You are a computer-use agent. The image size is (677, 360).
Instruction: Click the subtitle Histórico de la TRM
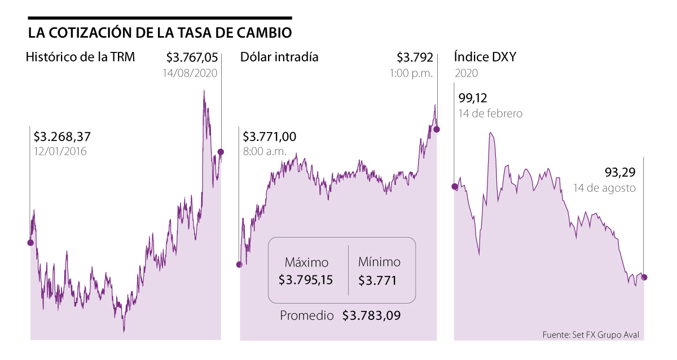pos(80,57)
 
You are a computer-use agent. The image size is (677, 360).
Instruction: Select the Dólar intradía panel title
pos(279,57)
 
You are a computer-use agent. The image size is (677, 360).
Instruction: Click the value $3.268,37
pos(62,137)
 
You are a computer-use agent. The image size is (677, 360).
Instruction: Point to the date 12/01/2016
pos(60,152)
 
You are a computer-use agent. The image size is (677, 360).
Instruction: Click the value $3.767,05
pos(192,57)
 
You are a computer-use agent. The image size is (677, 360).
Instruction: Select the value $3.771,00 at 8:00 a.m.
pos(270,137)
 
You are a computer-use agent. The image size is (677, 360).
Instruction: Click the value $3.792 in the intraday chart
pos(415,57)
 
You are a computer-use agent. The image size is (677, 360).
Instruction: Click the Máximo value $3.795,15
pos(306,280)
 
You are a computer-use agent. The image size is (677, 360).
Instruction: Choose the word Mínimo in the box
pos(379,262)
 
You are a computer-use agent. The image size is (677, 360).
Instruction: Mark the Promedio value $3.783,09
pos(371,316)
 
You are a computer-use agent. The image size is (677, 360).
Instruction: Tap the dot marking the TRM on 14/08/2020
pos(221,152)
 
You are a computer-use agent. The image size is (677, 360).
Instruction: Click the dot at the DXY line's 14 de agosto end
pos(644,277)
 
